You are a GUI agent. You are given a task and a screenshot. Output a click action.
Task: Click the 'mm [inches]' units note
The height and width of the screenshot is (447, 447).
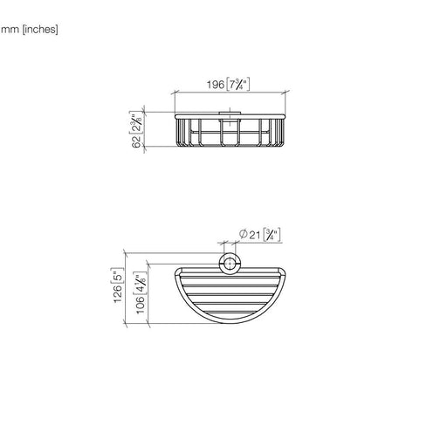click(x=30, y=30)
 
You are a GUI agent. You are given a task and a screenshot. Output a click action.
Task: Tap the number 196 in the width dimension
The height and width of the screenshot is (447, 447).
click(x=216, y=85)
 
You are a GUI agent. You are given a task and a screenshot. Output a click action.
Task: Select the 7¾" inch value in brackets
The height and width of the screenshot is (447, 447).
click(x=238, y=85)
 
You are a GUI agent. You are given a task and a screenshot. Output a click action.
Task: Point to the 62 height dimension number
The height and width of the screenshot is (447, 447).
click(x=136, y=141)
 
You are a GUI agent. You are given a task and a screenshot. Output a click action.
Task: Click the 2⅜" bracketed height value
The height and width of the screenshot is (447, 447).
click(x=136, y=123)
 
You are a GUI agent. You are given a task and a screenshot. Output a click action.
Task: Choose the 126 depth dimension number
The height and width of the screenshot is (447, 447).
click(x=118, y=293)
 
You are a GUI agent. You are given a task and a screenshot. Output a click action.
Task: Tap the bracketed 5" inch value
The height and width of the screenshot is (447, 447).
click(x=118, y=275)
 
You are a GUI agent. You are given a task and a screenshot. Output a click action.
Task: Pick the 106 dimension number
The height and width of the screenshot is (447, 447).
click(x=141, y=305)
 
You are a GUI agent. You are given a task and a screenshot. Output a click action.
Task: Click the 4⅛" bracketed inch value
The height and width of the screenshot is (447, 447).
click(x=140, y=283)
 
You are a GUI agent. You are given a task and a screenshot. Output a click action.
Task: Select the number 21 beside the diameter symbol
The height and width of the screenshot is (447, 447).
click(x=254, y=235)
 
